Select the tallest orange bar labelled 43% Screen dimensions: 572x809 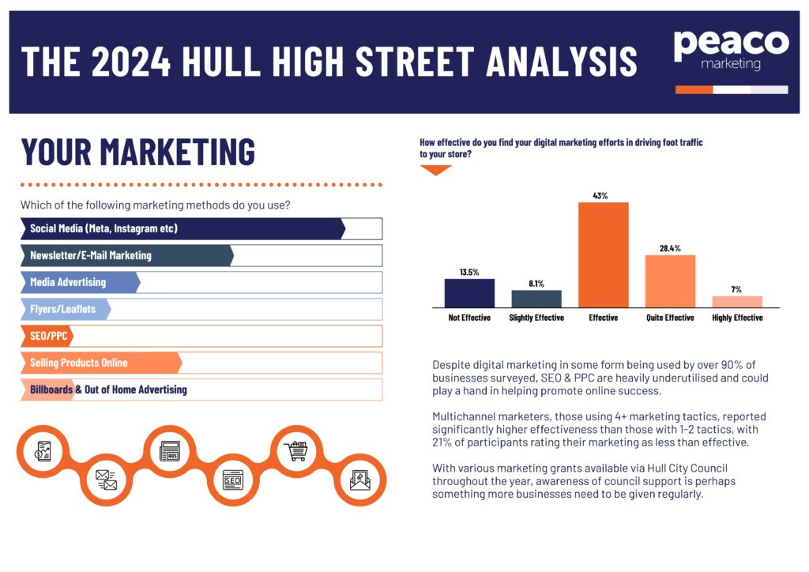(x=604, y=254)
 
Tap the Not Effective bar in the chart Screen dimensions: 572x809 (x=469, y=292)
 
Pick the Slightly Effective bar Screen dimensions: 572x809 (x=536, y=299)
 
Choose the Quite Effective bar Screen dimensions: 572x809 (x=670, y=280)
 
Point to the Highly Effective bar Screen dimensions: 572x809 (x=736, y=301)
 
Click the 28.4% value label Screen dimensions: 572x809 (x=670, y=249)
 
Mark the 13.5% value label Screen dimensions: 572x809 (x=469, y=273)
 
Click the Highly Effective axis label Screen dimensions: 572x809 (x=736, y=318)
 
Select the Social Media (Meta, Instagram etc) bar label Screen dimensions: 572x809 (x=103, y=229)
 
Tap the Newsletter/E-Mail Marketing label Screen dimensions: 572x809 (x=90, y=256)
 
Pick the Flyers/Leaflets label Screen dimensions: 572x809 (x=62, y=309)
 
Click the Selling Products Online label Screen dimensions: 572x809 (x=78, y=363)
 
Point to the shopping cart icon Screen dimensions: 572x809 (x=295, y=451)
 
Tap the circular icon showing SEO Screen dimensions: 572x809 (x=231, y=480)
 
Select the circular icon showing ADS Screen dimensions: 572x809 (x=169, y=451)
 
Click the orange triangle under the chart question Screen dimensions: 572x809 (x=435, y=170)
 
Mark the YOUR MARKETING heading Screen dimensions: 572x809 (x=138, y=152)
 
